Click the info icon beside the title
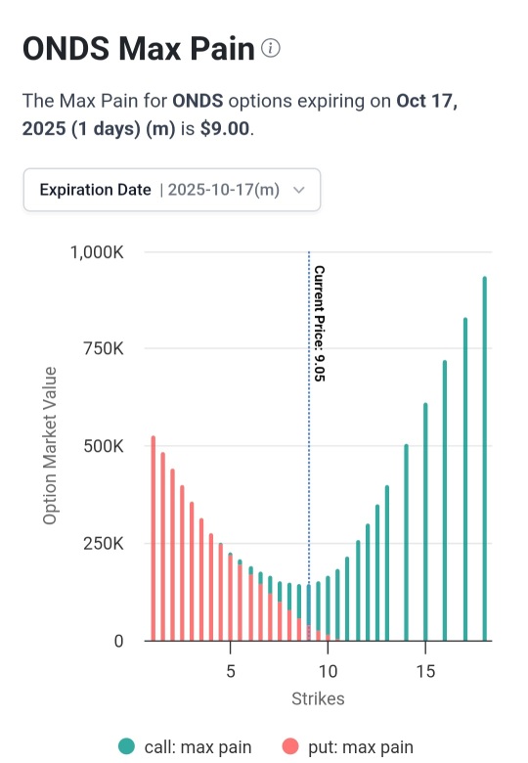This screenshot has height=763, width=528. (x=270, y=48)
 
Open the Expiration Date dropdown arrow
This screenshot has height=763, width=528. (x=299, y=190)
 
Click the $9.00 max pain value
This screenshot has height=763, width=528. (x=225, y=128)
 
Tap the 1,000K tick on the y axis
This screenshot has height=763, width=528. (x=97, y=252)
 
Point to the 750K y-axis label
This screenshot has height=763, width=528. (x=104, y=348)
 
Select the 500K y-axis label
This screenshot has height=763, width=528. (x=104, y=446)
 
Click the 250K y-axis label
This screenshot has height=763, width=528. (x=104, y=543)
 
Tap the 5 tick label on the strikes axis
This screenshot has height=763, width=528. (x=231, y=671)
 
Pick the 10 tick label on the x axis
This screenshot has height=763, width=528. (x=328, y=671)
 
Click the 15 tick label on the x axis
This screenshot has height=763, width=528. (x=425, y=671)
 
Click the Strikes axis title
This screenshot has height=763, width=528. (x=318, y=698)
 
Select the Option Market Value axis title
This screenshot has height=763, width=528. (x=50, y=446)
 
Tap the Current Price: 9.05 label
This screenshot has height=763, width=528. (x=319, y=324)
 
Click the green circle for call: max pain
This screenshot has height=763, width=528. (x=126, y=746)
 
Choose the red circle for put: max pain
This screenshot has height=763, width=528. (x=290, y=746)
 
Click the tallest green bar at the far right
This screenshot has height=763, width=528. (x=484, y=459)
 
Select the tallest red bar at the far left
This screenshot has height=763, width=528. (x=154, y=538)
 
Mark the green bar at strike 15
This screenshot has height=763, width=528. (x=425, y=521)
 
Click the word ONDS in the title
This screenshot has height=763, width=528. (x=66, y=49)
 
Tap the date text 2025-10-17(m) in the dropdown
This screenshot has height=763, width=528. (x=224, y=190)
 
